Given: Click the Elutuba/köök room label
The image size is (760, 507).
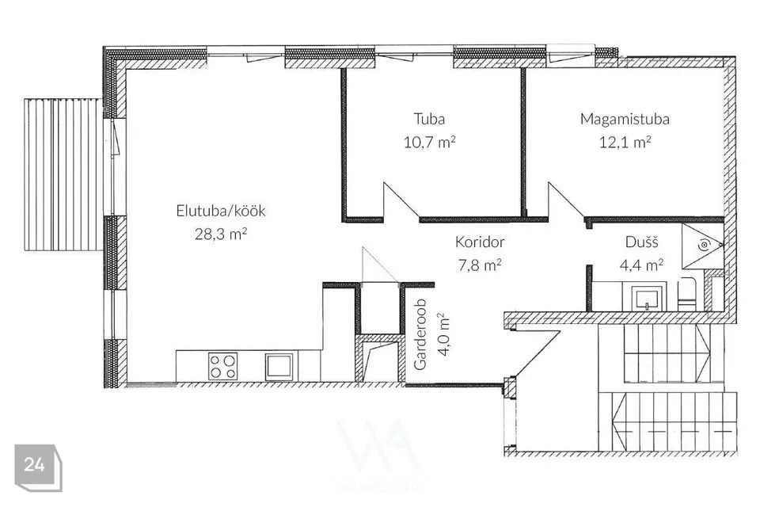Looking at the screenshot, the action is [221, 211].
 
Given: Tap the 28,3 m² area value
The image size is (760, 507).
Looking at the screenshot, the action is [221, 234].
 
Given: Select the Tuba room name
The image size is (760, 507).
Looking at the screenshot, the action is [429, 119].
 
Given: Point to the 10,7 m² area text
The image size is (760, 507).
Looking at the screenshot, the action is [429, 142].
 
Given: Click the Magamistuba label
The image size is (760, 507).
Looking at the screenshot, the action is [625, 120].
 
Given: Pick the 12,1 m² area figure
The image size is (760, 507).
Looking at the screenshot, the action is [625, 142].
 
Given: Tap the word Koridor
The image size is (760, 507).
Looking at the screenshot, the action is [480, 242].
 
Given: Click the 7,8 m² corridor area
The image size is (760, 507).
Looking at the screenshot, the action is [480, 265].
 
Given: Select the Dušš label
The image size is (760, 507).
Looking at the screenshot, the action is [641, 242].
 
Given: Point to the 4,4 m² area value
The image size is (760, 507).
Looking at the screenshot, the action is [641, 265].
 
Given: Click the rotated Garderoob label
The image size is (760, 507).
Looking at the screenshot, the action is [420, 334].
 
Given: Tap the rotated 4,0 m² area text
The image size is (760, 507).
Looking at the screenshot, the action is [443, 335].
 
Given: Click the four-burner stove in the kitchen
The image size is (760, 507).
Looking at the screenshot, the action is [223, 366].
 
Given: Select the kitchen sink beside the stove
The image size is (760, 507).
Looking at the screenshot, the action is [279, 367].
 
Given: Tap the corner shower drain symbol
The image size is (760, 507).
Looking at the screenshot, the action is [704, 246].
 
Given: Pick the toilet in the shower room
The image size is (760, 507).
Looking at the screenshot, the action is [686, 294].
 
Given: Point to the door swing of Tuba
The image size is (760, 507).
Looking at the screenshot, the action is [401, 200].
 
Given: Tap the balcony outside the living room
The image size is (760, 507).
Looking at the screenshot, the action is [63, 174].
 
